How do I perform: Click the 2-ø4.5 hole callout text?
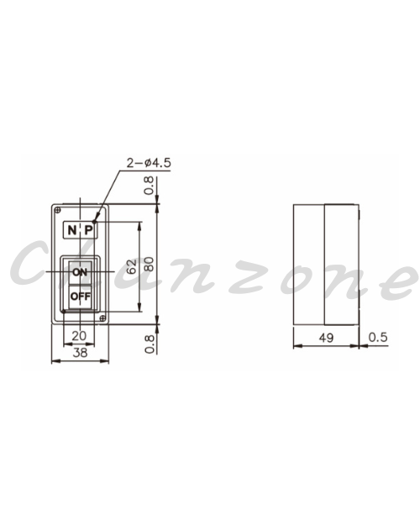149,163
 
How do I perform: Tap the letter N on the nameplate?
72,230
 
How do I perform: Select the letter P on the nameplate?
88,230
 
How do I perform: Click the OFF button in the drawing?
80,297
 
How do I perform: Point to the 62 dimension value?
132,266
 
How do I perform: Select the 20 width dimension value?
79,336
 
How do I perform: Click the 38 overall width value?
80,352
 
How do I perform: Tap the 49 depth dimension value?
326,338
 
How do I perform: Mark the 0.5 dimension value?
378,337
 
